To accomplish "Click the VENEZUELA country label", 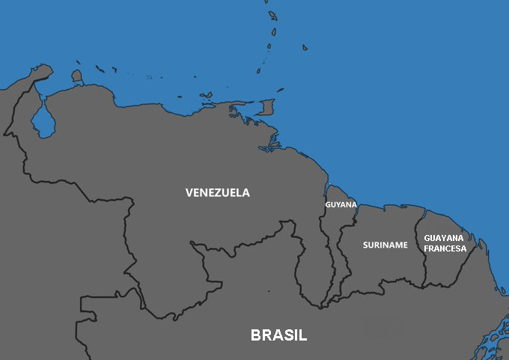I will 218,192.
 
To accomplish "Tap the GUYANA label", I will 341,204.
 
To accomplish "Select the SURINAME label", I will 385,245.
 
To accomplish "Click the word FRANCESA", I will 445,248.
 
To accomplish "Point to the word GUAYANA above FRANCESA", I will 444,238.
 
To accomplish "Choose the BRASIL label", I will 278,335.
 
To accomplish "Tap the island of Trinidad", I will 266,108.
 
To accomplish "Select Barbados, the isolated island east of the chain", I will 305,48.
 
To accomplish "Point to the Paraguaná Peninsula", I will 76,76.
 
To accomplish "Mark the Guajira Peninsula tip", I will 45,70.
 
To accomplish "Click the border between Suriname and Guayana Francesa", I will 420,247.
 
